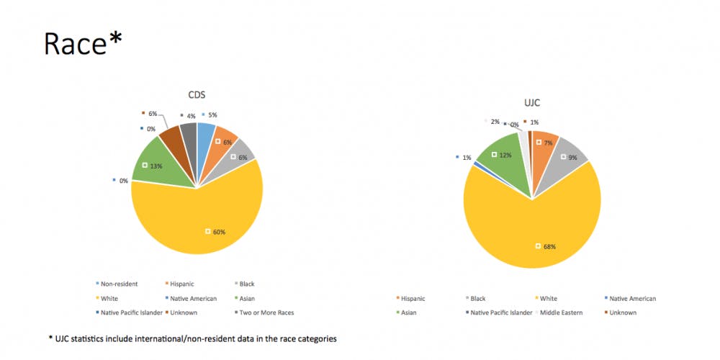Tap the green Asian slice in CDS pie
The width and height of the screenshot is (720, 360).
[x=162, y=162]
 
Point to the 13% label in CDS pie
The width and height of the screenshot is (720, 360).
[x=155, y=166]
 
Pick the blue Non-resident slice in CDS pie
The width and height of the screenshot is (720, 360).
[x=205, y=132]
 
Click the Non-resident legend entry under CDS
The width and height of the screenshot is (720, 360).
[x=120, y=284]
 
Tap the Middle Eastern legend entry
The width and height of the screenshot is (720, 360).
[x=561, y=312]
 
